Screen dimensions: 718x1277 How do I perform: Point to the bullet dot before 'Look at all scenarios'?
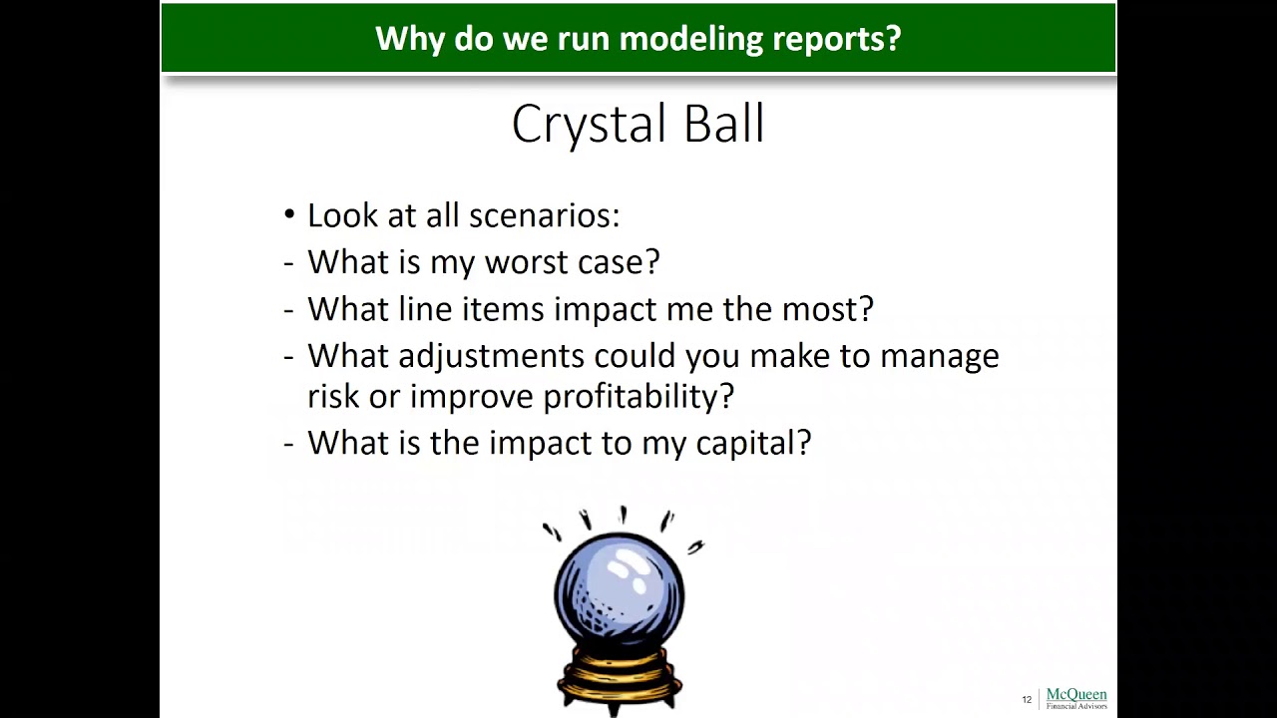coord(289,215)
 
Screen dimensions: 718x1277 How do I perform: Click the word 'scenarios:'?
coord(544,216)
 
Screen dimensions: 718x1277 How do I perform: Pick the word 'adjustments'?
coord(491,357)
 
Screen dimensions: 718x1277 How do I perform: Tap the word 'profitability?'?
coord(638,397)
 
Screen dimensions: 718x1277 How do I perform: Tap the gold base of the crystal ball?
coord(619,678)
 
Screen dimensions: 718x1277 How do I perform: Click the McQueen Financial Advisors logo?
coord(1075,698)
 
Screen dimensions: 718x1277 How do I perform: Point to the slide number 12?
coord(1027,700)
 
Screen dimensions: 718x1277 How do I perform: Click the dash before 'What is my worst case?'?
coord(289,263)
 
